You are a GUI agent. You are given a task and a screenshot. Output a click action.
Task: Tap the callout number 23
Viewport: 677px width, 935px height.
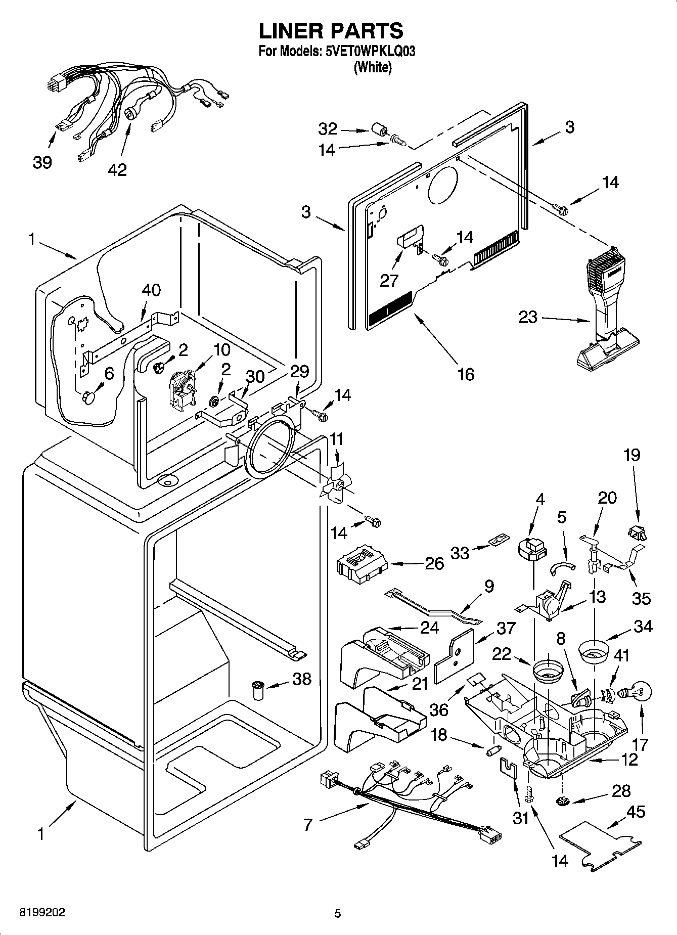point(528,318)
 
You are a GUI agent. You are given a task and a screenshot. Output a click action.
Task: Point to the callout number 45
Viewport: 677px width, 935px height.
point(635,812)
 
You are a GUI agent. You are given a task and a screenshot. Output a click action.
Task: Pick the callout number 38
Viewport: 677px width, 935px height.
point(302,679)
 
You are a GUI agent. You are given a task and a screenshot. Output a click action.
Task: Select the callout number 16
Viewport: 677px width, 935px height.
point(466,374)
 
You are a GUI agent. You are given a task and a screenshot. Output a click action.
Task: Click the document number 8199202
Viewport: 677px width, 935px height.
point(42,913)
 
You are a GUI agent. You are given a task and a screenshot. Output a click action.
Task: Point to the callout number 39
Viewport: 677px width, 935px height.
point(42,162)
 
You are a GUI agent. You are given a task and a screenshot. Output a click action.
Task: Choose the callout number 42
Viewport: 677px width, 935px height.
point(117,170)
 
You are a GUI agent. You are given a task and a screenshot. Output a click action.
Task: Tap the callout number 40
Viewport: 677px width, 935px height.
point(151,290)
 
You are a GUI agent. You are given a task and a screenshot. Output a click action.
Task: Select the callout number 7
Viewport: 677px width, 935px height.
point(308,825)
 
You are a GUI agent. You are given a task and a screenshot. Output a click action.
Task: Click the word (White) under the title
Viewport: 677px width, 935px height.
point(373,67)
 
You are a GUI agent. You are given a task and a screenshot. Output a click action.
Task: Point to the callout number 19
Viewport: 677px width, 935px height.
point(631,455)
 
